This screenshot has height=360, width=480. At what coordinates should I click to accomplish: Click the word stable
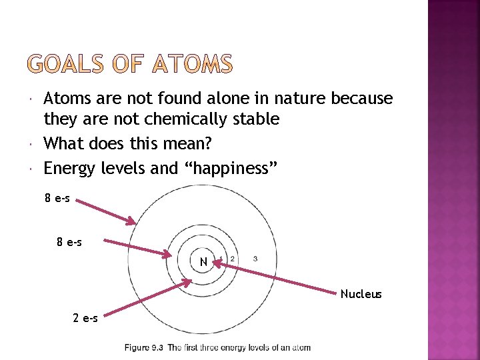[257, 120]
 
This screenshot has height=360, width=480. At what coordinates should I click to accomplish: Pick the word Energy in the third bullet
[71, 169]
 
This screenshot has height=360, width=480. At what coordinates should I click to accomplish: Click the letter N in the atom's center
[203, 262]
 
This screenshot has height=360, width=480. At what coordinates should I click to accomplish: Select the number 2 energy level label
[231, 258]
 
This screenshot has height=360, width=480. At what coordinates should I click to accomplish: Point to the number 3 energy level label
[255, 258]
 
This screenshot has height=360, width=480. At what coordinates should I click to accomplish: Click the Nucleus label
[361, 294]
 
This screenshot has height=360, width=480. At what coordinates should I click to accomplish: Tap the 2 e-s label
[85, 318]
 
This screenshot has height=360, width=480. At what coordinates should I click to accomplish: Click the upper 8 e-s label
[57, 198]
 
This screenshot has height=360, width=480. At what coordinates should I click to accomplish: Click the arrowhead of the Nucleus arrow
[215, 263]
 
